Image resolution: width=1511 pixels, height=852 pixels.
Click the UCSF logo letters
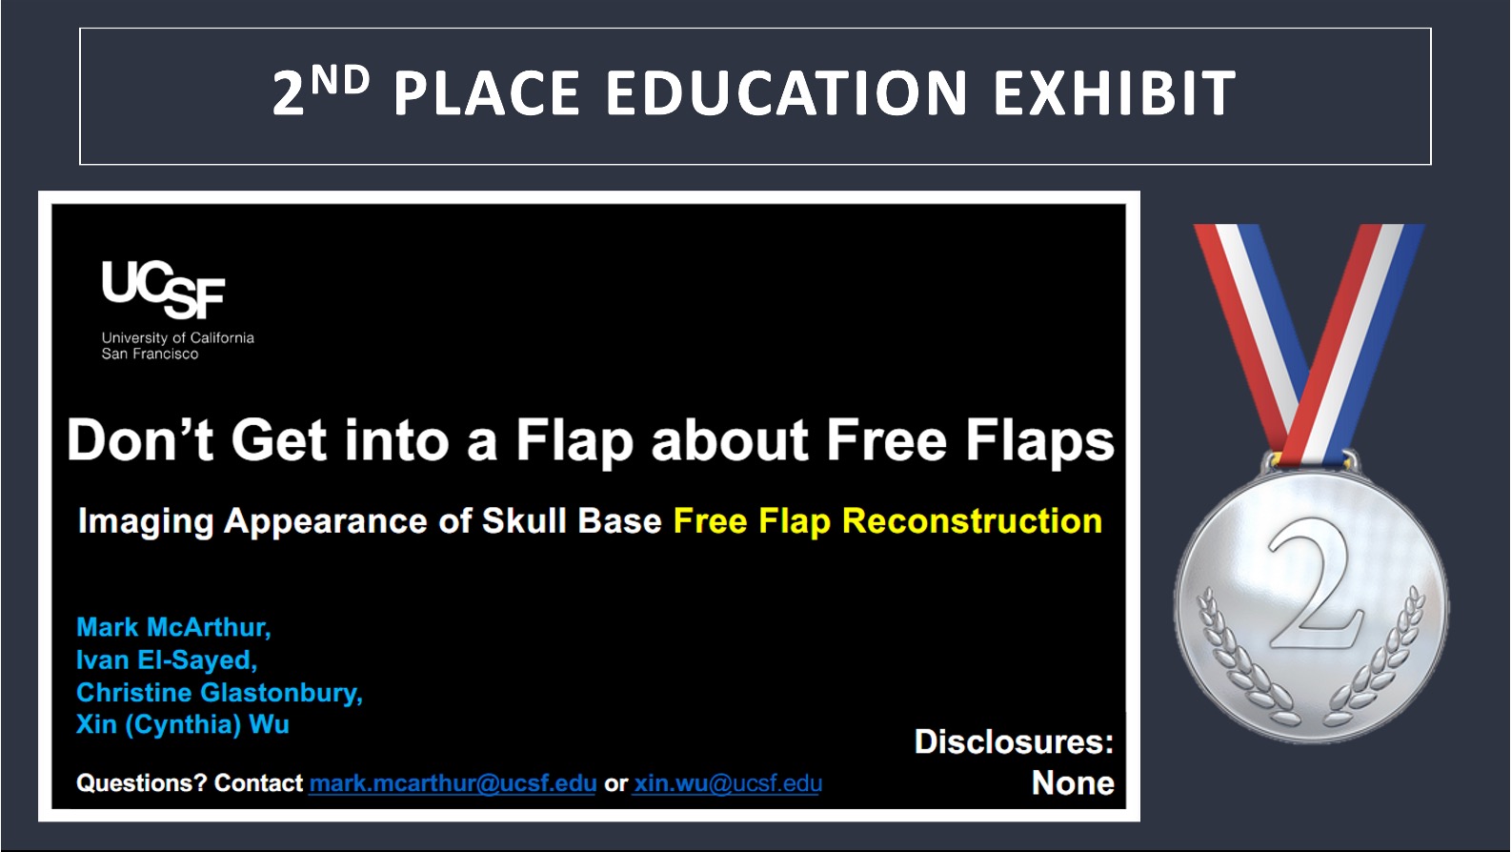click(163, 290)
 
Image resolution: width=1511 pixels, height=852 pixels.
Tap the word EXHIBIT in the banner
click(1115, 93)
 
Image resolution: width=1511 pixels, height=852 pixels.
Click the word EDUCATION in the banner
click(787, 93)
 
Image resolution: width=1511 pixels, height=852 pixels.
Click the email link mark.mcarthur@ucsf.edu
click(453, 783)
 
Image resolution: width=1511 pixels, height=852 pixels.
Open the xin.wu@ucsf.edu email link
click(727, 783)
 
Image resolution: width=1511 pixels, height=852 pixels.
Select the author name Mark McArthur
click(173, 627)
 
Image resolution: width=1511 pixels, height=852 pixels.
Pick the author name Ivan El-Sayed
click(167, 659)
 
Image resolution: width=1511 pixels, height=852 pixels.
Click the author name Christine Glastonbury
click(219, 693)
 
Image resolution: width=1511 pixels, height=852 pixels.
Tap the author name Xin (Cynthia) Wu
click(183, 724)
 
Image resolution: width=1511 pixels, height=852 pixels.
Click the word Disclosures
click(1014, 742)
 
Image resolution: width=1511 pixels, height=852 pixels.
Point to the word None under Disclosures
click(1073, 783)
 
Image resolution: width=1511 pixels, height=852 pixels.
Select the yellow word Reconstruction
click(972, 521)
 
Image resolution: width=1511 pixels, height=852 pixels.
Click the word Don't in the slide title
click(140, 440)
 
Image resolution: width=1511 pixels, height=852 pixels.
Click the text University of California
click(178, 338)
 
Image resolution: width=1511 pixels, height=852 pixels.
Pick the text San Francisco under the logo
click(150, 355)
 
